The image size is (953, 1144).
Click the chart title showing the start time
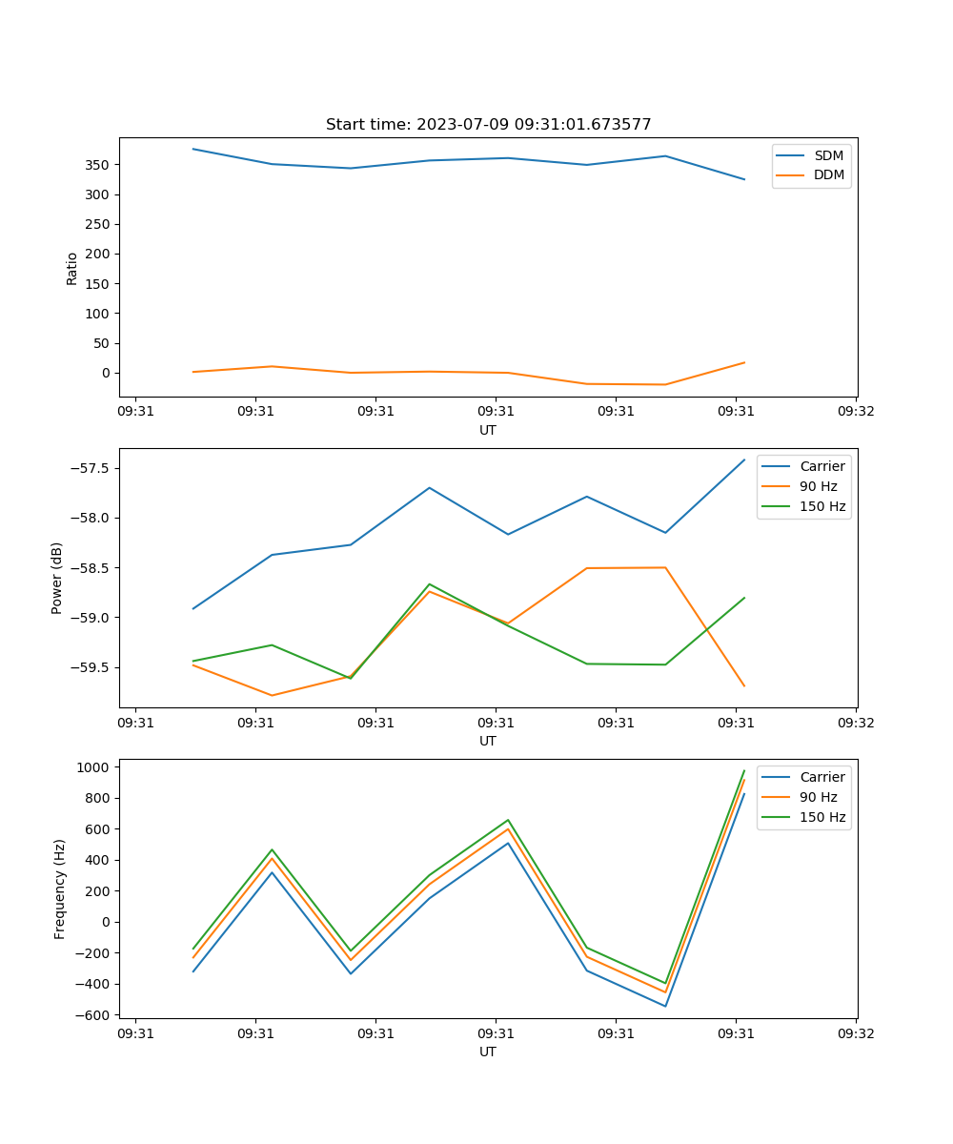pos(488,125)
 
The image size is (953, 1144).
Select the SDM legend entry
pos(828,155)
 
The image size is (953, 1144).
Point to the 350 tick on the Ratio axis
pos(99,165)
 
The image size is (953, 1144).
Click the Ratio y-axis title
pos(71,268)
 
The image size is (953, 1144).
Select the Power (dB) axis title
pos(57,578)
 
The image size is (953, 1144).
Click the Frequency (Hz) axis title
pos(59,889)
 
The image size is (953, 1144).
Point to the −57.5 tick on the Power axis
pos(89,468)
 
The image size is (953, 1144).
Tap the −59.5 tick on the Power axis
pos(89,667)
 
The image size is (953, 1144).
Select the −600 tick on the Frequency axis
pos(92,1015)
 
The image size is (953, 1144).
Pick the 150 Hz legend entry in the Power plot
pos(822,506)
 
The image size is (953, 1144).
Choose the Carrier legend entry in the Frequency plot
pos(821,777)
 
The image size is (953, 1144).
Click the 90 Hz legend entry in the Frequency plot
pos(818,797)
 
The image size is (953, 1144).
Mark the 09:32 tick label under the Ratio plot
pos(855,412)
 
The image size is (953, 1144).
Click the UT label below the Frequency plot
pos(488,1052)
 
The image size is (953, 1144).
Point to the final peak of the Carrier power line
pos(744,460)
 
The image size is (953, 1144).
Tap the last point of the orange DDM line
pos(744,362)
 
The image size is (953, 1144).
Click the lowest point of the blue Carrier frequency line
pos(665,1006)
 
